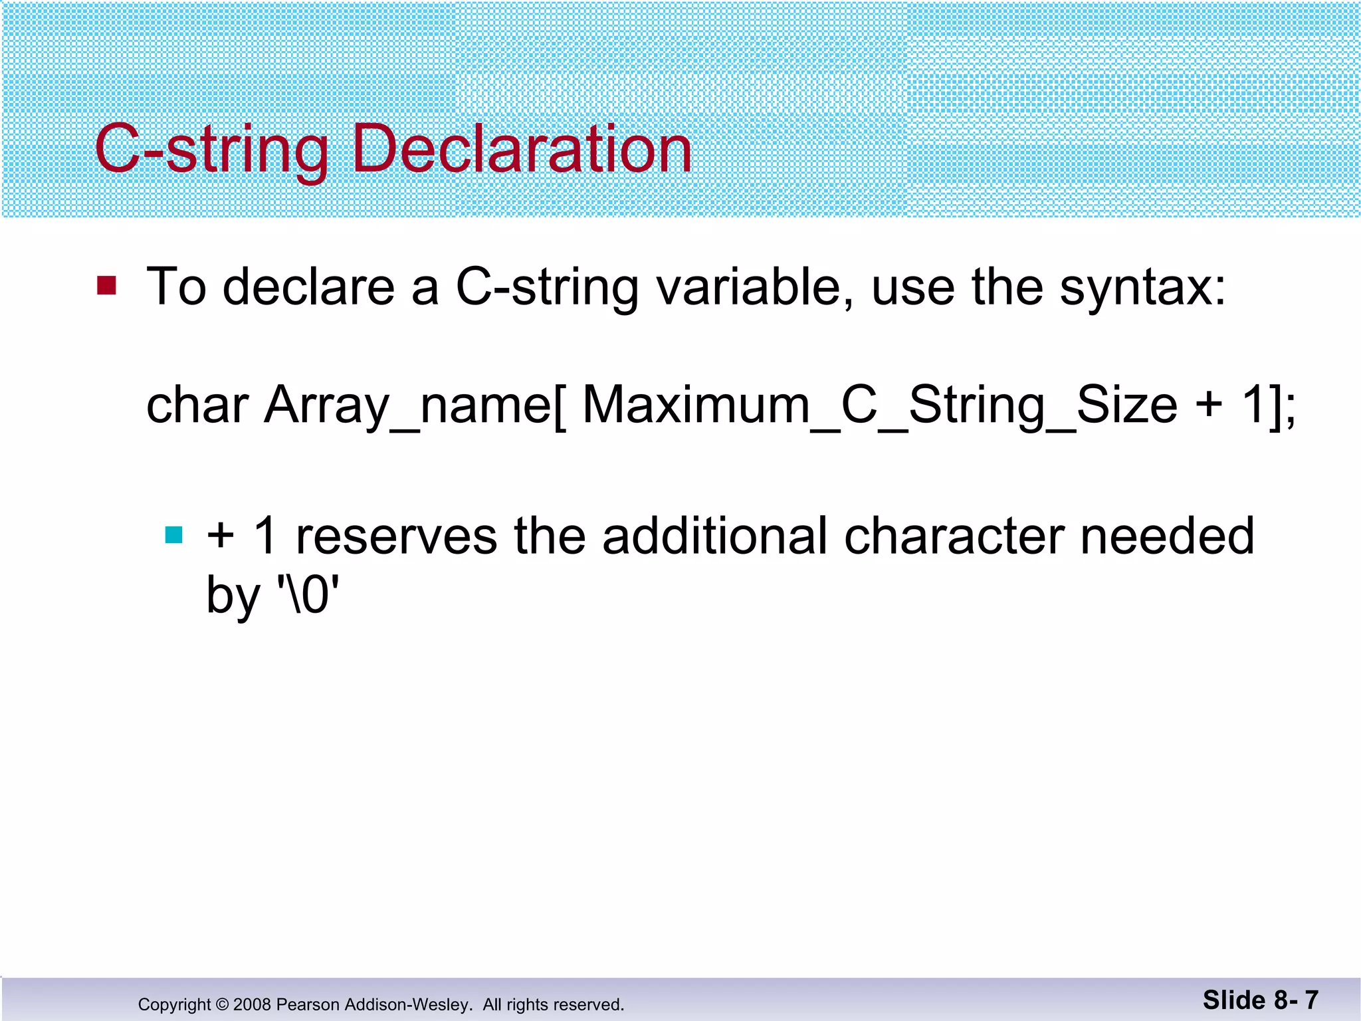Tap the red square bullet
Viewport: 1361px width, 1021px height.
(106, 286)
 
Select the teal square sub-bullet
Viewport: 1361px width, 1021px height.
(173, 535)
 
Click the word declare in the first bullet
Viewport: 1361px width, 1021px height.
(308, 287)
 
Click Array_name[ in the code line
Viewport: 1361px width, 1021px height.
(416, 405)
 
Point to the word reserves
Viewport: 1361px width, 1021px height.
(396, 536)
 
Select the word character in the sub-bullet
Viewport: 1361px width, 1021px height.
(954, 536)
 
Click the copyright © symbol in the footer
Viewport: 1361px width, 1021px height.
(222, 1004)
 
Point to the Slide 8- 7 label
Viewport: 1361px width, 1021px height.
(1260, 1000)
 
